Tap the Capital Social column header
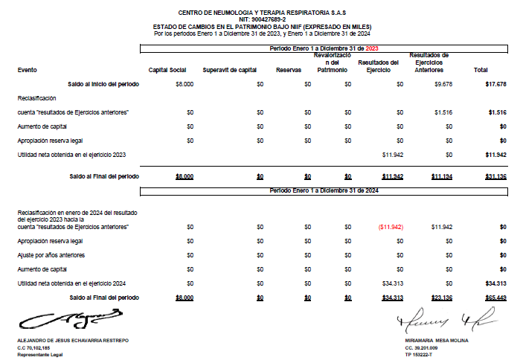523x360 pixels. click(x=167, y=70)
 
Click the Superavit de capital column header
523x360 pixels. click(x=230, y=70)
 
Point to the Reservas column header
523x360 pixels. click(x=288, y=70)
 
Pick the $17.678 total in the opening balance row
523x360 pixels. click(x=495, y=85)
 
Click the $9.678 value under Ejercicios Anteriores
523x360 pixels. click(x=443, y=85)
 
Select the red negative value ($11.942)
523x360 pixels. click(x=391, y=227)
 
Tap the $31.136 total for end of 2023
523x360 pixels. click(x=495, y=176)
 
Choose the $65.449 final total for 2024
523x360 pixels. click(x=495, y=298)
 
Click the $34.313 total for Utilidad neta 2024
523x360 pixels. click(x=495, y=283)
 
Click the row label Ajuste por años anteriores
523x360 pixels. click(x=51, y=255)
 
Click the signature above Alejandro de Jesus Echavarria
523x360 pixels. click(x=71, y=320)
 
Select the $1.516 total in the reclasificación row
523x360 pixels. click(x=498, y=112)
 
